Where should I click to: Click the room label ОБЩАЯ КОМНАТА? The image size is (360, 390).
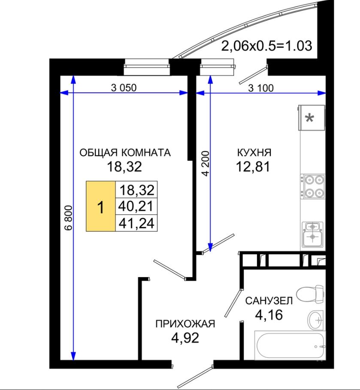click(x=125, y=152)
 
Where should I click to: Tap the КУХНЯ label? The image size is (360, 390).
click(x=254, y=152)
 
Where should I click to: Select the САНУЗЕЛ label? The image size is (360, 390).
click(x=269, y=301)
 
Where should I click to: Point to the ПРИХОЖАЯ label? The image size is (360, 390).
click(x=185, y=324)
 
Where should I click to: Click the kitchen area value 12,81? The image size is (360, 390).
click(x=253, y=166)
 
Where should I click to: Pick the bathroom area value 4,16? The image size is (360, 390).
click(x=269, y=315)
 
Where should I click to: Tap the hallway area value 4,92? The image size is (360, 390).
click(x=185, y=338)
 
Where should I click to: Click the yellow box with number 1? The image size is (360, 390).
click(x=101, y=206)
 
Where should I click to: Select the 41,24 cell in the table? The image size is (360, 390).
click(x=136, y=223)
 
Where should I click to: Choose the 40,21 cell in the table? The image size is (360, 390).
click(x=136, y=206)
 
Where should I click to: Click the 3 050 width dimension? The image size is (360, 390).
click(x=124, y=88)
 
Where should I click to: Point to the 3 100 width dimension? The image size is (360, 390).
click(x=261, y=88)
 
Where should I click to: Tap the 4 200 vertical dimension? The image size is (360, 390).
click(x=206, y=163)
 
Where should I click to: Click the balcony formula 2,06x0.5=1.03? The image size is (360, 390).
click(x=266, y=46)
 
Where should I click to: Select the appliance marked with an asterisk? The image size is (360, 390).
click(x=311, y=118)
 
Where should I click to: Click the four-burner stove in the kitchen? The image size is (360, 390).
click(x=313, y=186)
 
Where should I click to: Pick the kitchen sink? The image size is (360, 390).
click(x=312, y=234)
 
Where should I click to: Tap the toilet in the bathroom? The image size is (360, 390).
click(x=310, y=294)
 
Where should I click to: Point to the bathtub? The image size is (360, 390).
click(x=290, y=345)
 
